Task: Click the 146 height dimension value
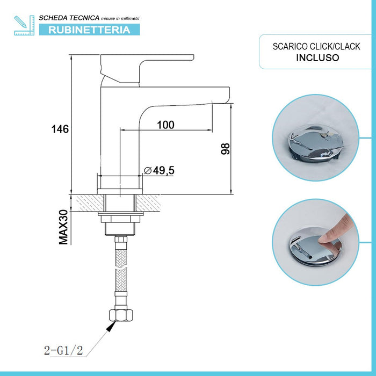click(60, 129)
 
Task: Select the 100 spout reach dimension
click(165, 125)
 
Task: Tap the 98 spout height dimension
click(225, 149)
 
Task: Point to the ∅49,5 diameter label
click(160, 171)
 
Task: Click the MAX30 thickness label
click(64, 227)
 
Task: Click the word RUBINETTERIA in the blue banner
click(89, 30)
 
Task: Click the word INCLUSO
click(317, 57)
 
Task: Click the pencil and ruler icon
click(23, 25)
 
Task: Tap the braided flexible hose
click(122, 269)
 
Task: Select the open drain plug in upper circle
click(314, 144)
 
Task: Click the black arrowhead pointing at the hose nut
click(112, 324)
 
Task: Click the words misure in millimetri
click(120, 19)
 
